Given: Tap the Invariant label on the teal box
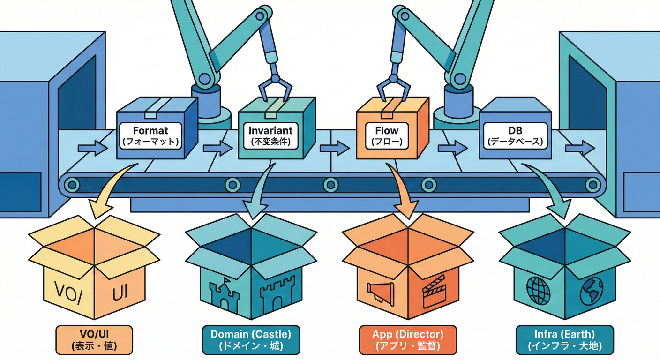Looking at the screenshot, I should point(271,135).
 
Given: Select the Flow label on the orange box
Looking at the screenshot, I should point(386,135).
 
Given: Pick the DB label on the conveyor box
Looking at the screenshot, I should point(515,135).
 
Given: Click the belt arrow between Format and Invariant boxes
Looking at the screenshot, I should point(217,148).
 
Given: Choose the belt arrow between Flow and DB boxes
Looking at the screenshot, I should point(452,148).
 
